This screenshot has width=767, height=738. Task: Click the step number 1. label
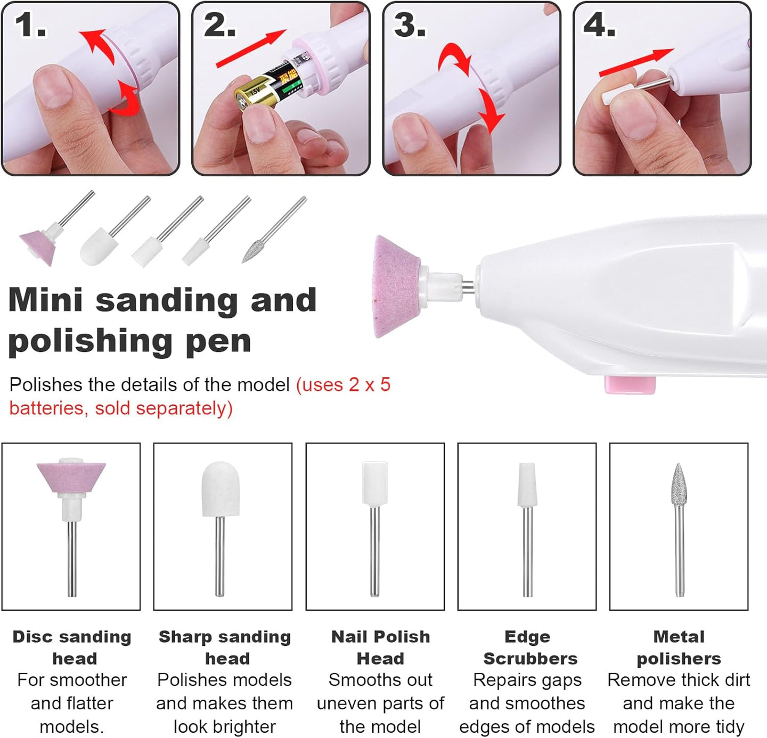pyautogui.click(x=30, y=25)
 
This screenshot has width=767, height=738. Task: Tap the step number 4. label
pyautogui.click(x=599, y=25)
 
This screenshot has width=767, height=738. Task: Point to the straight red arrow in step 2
pyautogui.click(x=251, y=48)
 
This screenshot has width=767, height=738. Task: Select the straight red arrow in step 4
pyautogui.click(x=636, y=62)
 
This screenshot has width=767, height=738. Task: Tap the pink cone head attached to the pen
pyautogui.click(x=396, y=286)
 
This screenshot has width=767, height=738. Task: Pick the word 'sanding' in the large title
pyautogui.click(x=166, y=301)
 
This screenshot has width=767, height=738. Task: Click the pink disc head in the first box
pyautogui.click(x=71, y=477)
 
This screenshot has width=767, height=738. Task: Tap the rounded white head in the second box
pyautogui.click(x=221, y=489)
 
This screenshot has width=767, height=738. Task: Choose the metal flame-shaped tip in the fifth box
pyautogui.click(x=679, y=484)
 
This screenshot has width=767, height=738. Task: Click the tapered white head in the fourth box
pyautogui.click(x=527, y=485)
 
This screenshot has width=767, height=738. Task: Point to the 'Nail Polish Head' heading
pyautogui.click(x=380, y=647)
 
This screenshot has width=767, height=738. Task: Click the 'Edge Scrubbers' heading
pyautogui.click(x=530, y=647)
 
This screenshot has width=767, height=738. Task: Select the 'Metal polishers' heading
pyautogui.click(x=679, y=647)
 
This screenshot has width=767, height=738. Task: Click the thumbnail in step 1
pyautogui.click(x=53, y=87)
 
